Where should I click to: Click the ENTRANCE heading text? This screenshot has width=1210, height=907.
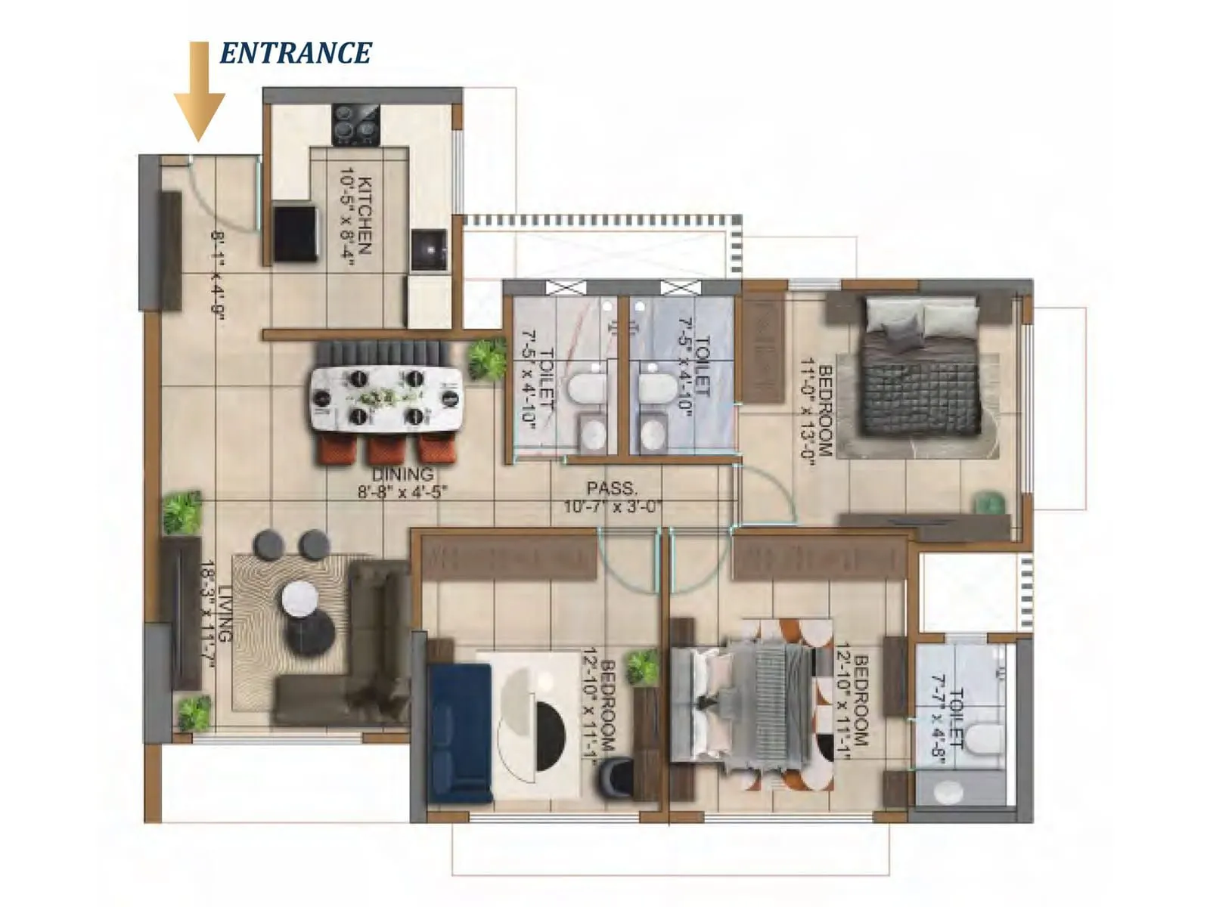click(296, 53)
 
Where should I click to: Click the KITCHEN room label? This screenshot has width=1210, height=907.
click(365, 215)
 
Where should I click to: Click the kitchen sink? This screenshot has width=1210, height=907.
click(429, 250)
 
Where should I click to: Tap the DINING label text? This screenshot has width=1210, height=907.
click(402, 475)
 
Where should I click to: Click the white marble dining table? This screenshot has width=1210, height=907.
click(386, 398)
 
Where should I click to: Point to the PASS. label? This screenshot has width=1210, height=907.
click(612, 488)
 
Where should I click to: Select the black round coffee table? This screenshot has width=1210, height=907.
click(309, 630)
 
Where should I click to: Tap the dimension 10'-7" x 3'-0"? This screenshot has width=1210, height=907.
click(612, 506)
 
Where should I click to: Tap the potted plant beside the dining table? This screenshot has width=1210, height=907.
click(486, 359)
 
